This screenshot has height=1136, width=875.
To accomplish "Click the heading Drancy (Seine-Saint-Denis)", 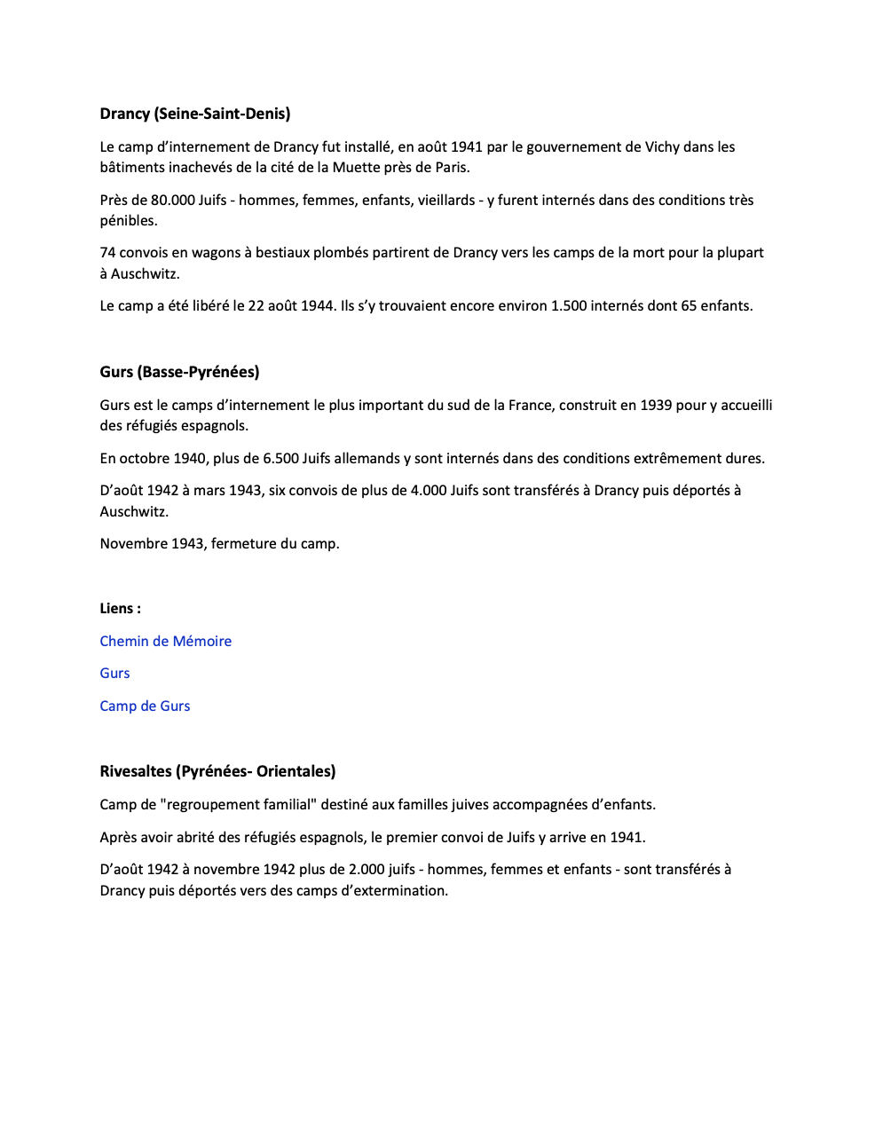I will [x=195, y=114].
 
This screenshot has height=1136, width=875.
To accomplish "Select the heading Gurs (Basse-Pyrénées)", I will [x=179, y=372].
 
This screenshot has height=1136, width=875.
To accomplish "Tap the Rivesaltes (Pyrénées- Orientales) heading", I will [x=217, y=771].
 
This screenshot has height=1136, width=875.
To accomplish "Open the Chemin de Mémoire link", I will [x=165, y=641].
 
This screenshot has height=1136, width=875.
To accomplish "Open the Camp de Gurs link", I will [x=145, y=706].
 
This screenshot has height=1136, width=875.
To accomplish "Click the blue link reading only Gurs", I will [x=114, y=673].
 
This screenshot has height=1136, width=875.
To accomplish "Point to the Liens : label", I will [x=120, y=608].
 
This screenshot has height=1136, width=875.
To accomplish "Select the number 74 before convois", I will [x=107, y=252].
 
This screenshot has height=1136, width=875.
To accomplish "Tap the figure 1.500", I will [x=569, y=305].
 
